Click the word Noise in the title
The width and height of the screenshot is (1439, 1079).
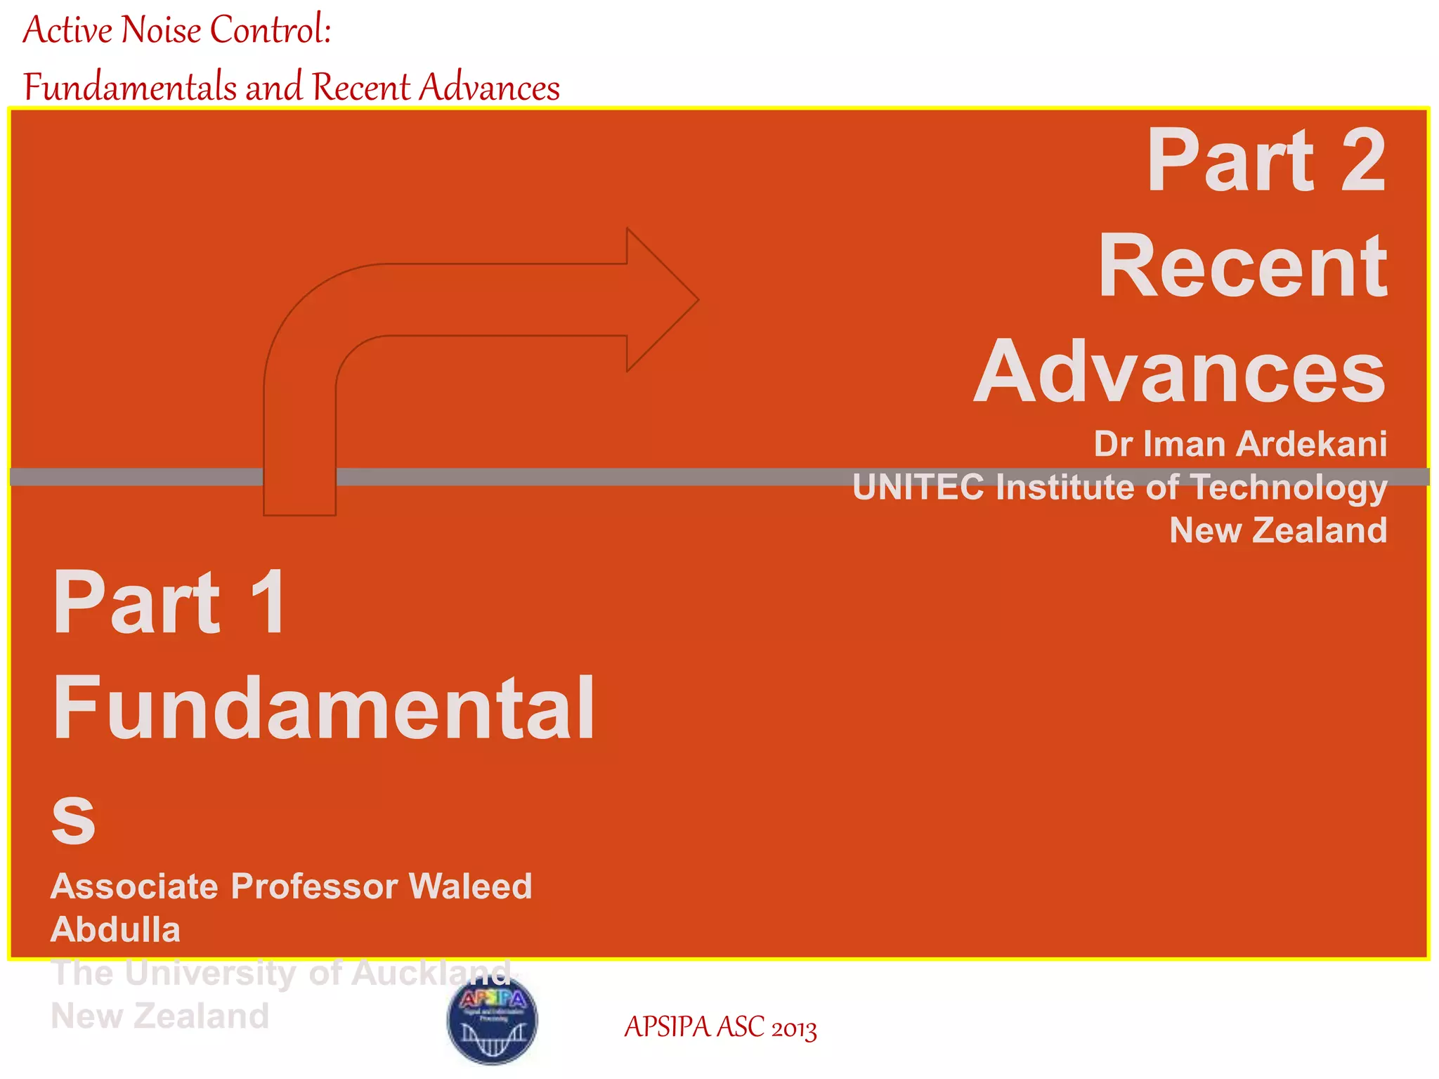161,30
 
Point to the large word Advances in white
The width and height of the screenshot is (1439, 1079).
1180,372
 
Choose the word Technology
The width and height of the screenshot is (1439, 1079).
1289,488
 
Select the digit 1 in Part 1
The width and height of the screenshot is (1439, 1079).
268,602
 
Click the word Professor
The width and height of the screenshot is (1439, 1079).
314,887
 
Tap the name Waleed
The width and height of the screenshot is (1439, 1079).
470,887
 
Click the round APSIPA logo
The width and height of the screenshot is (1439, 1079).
493,1019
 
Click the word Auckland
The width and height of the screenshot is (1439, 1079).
431,974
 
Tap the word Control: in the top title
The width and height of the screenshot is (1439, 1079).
271,30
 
